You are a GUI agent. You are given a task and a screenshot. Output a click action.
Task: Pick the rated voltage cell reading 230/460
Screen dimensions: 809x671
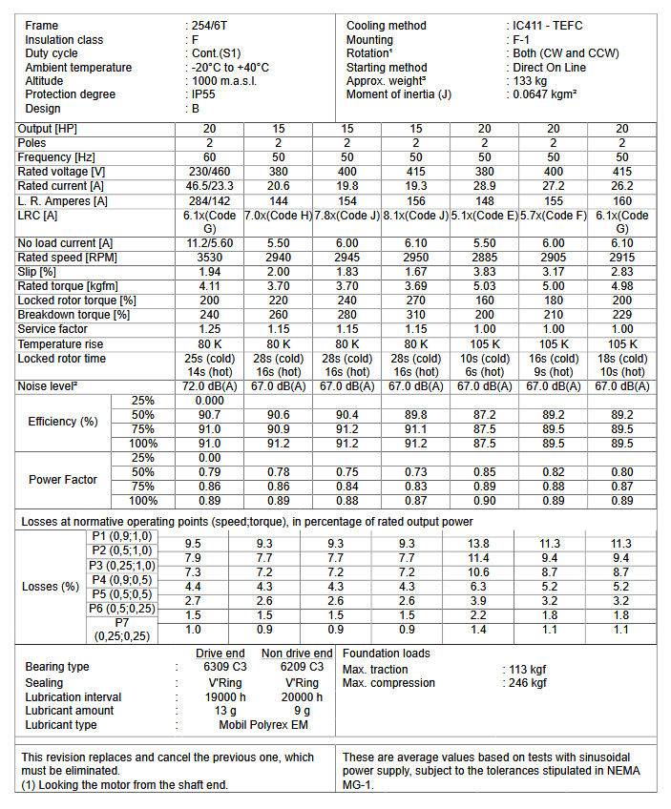pyautogui.click(x=209, y=172)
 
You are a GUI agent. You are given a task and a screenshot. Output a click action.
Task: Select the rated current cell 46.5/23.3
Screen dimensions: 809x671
pyautogui.click(x=209, y=186)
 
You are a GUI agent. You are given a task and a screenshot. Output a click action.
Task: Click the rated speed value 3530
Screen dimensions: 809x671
pyautogui.click(x=209, y=258)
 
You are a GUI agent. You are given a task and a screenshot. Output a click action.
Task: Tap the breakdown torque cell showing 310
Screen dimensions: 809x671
pyautogui.click(x=415, y=315)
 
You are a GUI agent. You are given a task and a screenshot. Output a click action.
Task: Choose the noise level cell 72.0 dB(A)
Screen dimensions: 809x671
pyautogui.click(x=209, y=386)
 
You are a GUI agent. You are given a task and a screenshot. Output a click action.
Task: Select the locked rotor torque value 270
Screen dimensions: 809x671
pyautogui.click(x=415, y=301)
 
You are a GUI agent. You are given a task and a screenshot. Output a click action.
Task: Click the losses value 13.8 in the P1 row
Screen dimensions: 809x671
pyautogui.click(x=484, y=543)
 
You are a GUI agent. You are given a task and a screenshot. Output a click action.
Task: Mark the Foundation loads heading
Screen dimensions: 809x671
pyautogui.click(x=386, y=653)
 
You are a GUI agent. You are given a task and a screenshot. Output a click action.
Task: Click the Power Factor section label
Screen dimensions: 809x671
pyautogui.click(x=63, y=480)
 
